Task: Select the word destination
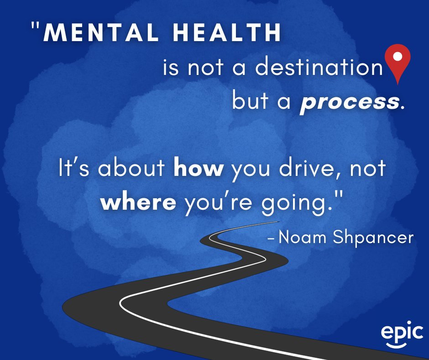tap(318, 67)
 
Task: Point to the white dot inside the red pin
tap(398, 57)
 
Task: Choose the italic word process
tap(349, 101)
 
